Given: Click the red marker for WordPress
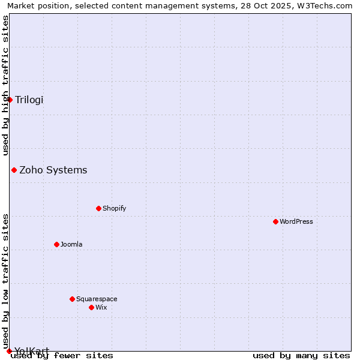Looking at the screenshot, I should (x=275, y=221).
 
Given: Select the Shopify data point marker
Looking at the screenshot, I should (x=98, y=208).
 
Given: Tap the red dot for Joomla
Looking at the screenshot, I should (x=56, y=244).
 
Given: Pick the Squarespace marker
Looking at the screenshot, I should (x=72, y=299).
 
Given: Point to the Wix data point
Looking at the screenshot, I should (x=91, y=307).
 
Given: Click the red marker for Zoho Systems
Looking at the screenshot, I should (x=14, y=170).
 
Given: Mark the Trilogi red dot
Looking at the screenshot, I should (x=10, y=100).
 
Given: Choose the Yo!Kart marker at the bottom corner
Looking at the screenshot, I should (x=9, y=351).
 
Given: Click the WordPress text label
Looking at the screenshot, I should (x=296, y=221).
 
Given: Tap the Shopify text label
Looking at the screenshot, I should (x=114, y=208).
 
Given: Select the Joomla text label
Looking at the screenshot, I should (x=71, y=244).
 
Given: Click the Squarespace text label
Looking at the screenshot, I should (x=97, y=299).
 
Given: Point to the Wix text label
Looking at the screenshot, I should (x=101, y=307).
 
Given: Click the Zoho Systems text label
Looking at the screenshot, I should (x=53, y=170).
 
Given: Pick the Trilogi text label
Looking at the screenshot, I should (x=29, y=100).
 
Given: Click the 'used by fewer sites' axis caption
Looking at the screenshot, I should (x=62, y=355).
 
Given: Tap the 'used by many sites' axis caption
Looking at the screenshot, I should (x=301, y=355).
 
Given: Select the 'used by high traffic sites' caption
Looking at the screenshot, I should (x=5, y=85).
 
